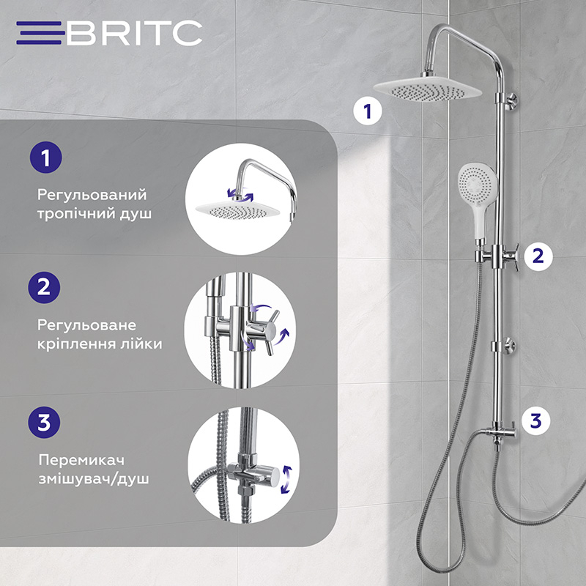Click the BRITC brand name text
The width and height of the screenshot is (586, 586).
[x=135, y=33]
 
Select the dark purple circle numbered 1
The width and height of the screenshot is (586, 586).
[x=46, y=157]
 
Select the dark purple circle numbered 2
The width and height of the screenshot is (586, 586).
[x=44, y=287]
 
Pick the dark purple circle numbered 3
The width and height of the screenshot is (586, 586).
[x=44, y=423]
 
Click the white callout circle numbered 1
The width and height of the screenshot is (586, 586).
[x=368, y=111]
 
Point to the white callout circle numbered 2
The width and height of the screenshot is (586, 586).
[x=538, y=256]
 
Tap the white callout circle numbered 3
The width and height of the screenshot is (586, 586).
[x=536, y=420]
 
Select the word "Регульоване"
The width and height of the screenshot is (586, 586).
[x=86, y=325]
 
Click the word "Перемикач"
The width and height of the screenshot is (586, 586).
[x=81, y=460]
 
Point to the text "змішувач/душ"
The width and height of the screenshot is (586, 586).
[x=94, y=479]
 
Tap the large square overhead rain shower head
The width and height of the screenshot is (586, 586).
[x=427, y=89]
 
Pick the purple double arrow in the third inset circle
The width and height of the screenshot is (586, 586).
[x=287, y=480]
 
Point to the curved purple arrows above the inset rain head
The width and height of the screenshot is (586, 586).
[x=240, y=194]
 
